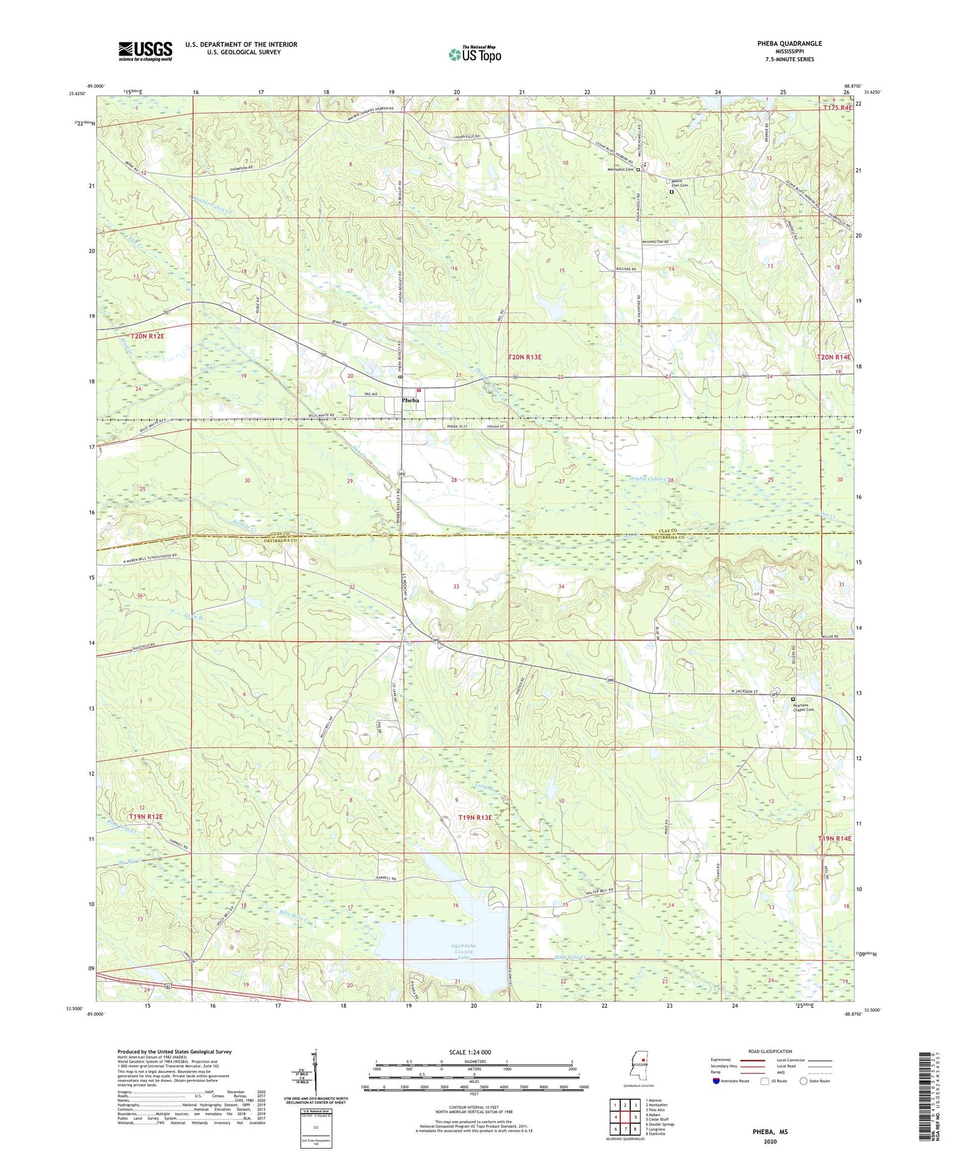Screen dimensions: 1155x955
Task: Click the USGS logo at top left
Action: coord(145,51)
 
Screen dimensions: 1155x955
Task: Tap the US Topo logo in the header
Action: coord(475,54)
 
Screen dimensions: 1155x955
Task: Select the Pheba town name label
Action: coord(410,401)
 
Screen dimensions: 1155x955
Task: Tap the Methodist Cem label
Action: coord(620,169)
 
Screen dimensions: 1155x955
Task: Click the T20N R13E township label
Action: coord(525,358)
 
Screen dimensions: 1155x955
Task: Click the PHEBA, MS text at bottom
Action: coord(768,1131)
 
